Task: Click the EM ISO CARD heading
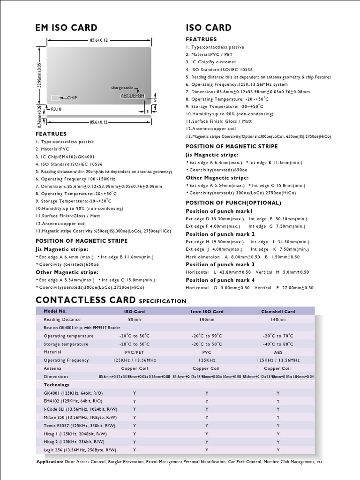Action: click(67, 28)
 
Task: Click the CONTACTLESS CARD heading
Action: click(85, 300)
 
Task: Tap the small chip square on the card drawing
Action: click(55, 97)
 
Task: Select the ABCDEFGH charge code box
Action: click(132, 96)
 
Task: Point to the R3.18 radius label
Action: click(56, 109)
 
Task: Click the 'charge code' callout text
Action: click(122, 88)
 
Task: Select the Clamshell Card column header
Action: click(278, 311)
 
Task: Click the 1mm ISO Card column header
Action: click(206, 311)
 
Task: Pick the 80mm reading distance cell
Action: click(135, 319)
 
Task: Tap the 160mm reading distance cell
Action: click(278, 319)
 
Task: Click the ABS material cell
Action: click(278, 352)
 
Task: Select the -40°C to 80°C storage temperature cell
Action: click(278, 344)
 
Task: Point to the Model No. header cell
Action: click(55, 311)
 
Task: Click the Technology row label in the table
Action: click(57, 385)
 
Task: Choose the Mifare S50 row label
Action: click(80, 417)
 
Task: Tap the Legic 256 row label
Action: click(80, 450)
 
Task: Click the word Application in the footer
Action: click(50, 462)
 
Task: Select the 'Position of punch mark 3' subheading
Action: click(220, 264)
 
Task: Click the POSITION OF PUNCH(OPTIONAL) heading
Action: click(233, 203)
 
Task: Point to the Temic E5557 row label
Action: click(79, 426)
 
